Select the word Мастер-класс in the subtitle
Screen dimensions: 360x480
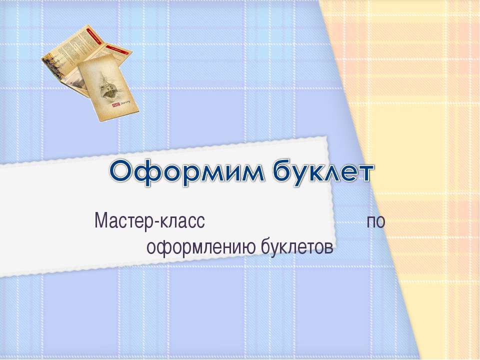150,220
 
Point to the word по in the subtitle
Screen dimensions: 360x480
376,221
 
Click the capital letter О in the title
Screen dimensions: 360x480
123,173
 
